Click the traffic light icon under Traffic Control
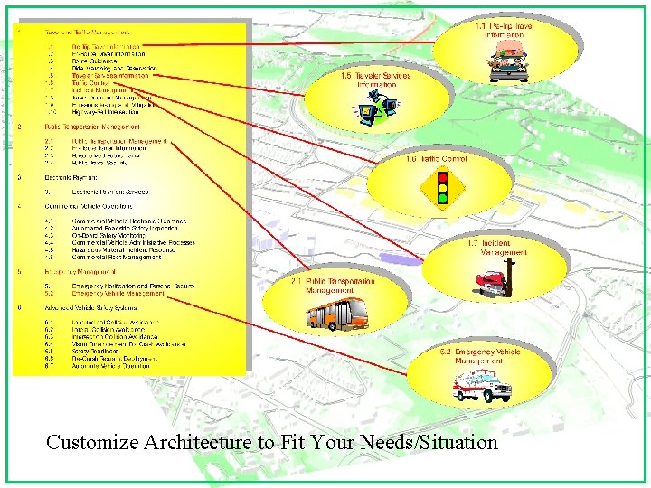pyautogui.click(x=442, y=187)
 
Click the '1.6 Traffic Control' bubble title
pyautogui.click(x=437, y=159)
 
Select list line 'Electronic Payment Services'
pyautogui.click(x=109, y=192)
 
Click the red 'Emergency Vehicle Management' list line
pyautogui.click(x=121, y=293)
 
